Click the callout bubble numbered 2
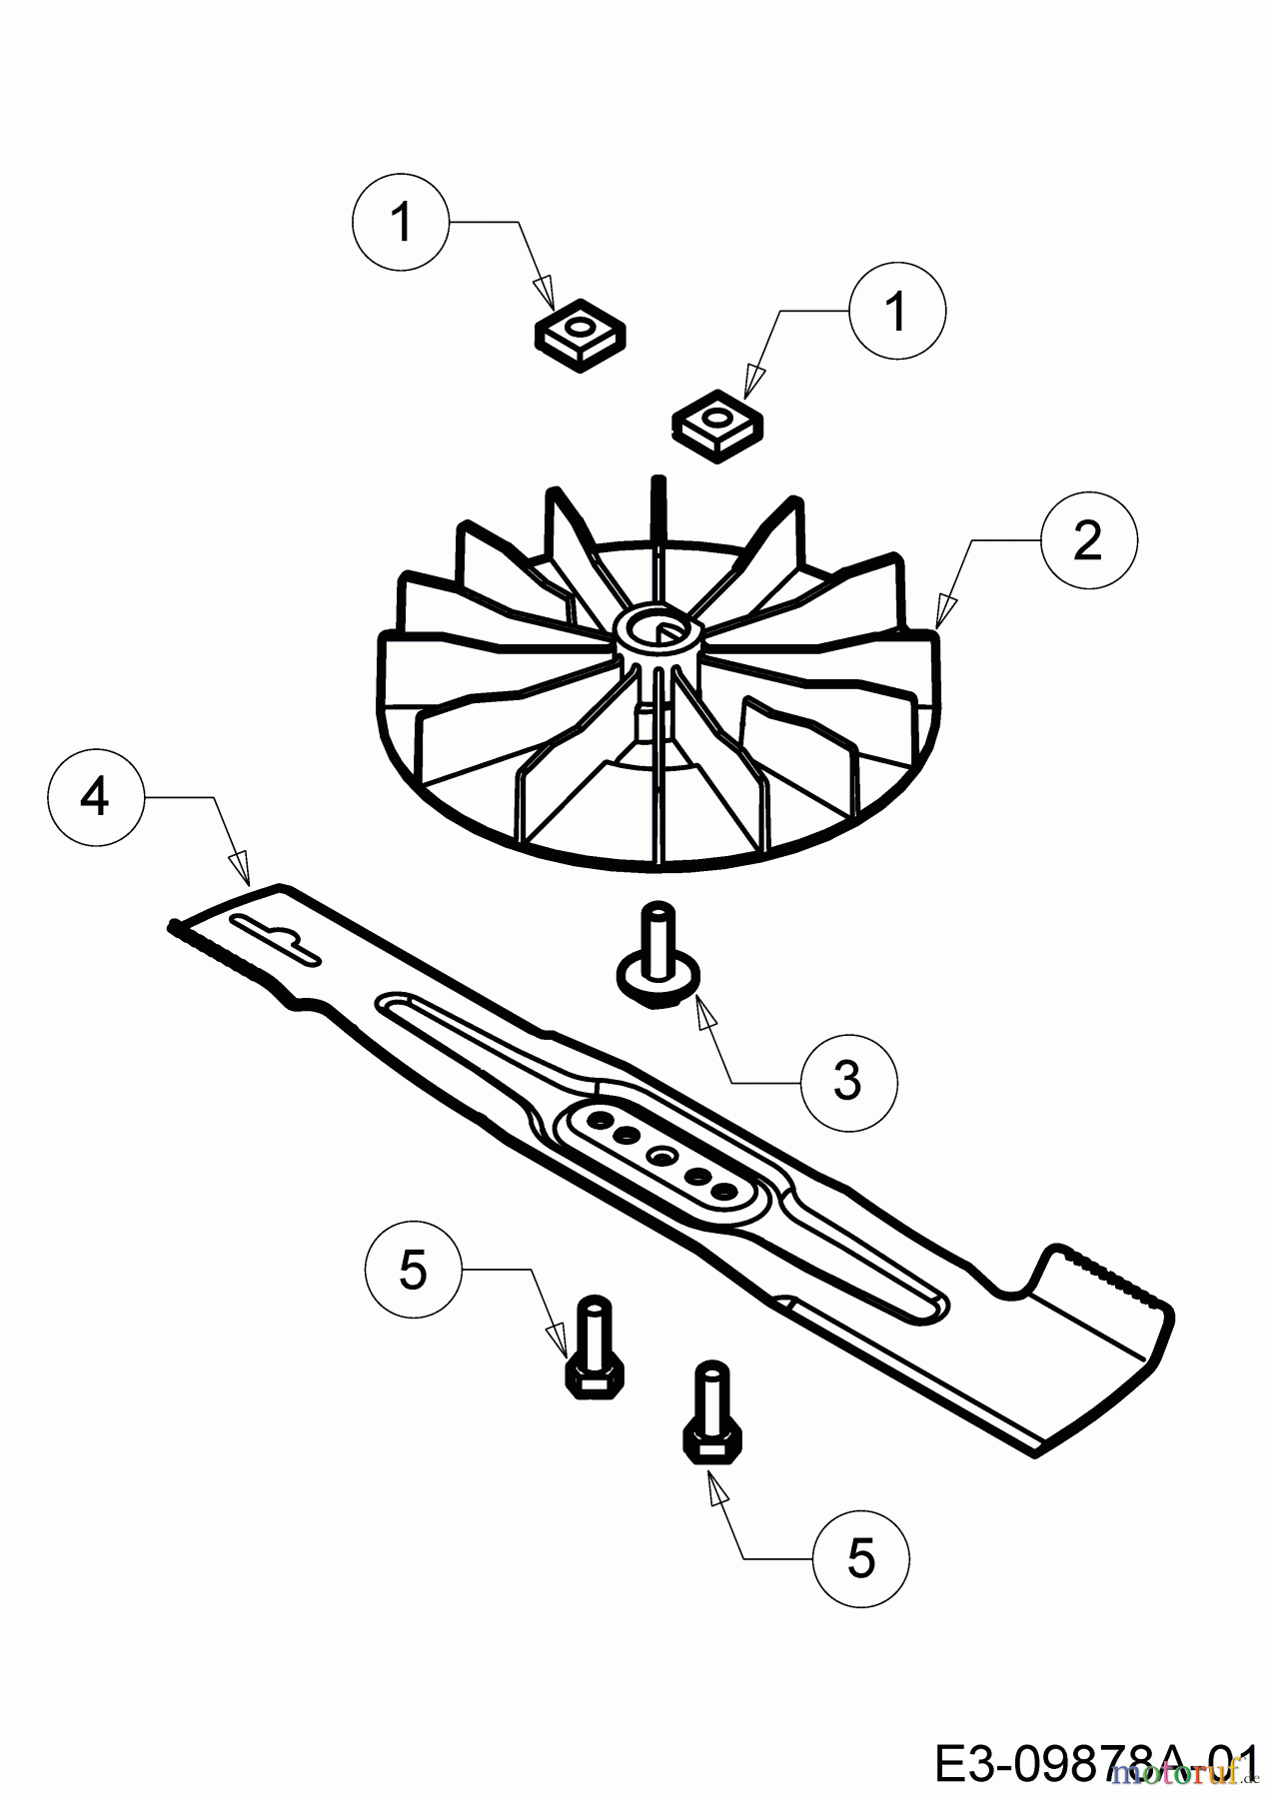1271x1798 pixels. pos(1087,540)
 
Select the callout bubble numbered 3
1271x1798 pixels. pos(848,1079)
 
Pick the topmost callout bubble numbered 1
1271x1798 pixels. pos(401,222)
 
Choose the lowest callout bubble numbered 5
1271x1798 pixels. pos(860,1558)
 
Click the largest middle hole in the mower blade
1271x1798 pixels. pos(661,1156)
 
